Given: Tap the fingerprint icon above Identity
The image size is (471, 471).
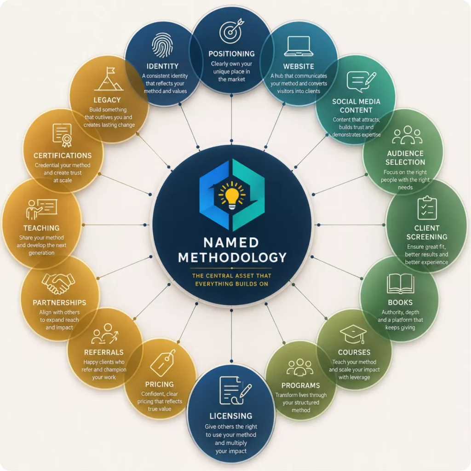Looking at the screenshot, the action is (162, 45).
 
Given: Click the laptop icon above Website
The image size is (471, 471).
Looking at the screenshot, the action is (299, 46).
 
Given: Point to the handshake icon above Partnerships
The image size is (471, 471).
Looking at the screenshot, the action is (58, 283).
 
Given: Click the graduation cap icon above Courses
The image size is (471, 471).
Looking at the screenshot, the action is (353, 334).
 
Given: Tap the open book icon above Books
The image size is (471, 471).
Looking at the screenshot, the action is (400, 283).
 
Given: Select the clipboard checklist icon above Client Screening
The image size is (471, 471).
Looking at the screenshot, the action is (427, 208).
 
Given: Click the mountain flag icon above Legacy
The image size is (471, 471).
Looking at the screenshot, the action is (109, 79).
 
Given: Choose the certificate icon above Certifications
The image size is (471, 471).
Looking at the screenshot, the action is (63, 135).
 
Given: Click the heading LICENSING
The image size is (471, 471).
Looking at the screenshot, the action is (231, 416).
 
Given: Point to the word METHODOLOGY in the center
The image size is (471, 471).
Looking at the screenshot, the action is (232, 258).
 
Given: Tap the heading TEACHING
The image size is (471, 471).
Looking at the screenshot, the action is (41, 228).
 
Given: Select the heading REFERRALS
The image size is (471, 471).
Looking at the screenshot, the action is (103, 352).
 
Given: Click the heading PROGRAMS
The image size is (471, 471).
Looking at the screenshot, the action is (300, 385).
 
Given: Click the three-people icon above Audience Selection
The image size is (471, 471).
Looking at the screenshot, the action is (407, 135).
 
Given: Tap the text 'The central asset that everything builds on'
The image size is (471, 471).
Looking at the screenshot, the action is (232, 280).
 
